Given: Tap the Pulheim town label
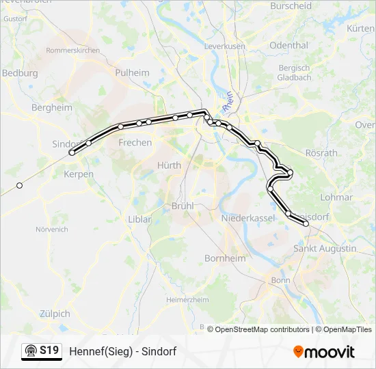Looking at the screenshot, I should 132,73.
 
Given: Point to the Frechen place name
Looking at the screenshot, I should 135,143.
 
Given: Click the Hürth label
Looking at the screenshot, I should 169,165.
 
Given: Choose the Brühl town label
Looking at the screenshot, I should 183,205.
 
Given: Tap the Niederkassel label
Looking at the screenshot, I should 247,218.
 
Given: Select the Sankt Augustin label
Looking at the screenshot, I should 325,249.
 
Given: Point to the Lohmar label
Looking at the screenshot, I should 336,197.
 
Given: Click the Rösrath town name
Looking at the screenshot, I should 321,153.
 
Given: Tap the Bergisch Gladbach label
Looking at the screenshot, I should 294,72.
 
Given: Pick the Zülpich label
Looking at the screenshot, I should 54,314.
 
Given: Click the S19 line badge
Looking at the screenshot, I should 42,351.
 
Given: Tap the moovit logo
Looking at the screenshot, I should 324,352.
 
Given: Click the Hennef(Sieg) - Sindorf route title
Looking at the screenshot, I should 123,351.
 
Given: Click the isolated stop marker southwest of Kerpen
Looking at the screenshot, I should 20,185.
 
